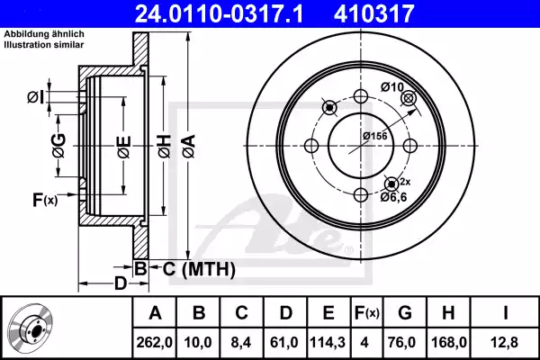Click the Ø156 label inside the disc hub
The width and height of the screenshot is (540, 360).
(x=373, y=135)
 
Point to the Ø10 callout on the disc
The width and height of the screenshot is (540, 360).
(x=391, y=87)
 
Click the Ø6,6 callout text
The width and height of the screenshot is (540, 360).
(x=393, y=196)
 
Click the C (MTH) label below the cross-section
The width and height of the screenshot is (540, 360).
(x=199, y=268)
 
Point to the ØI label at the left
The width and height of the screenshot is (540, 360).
(x=34, y=96)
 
